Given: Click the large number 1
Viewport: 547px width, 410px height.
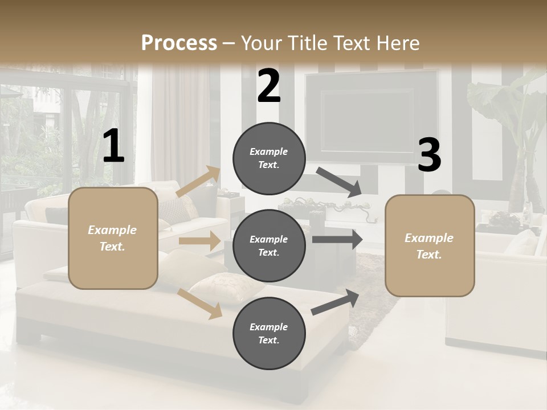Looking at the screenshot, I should pos(113,146).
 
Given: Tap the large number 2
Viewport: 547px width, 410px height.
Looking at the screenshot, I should pos(269,86).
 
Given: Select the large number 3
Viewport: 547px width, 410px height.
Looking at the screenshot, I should pos(429,155).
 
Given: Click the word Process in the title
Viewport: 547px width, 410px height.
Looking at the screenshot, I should pos(179,43).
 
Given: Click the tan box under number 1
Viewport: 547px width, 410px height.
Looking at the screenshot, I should pos(113,238).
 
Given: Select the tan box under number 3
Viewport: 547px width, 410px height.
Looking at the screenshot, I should pos(430,245).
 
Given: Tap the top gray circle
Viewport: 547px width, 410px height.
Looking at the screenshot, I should pos(269,158).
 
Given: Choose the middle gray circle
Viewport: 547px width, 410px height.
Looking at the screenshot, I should pos(269,245).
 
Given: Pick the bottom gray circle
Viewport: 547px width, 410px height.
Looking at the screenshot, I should pos(269,333).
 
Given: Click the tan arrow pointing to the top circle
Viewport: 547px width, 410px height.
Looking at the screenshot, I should pos(198,182).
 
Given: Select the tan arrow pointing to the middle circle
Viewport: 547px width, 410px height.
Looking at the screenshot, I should pos(199,241).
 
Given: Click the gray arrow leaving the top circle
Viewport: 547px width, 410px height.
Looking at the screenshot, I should pos(340,182).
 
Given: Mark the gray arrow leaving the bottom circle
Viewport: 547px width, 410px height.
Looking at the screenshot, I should pos(336,302).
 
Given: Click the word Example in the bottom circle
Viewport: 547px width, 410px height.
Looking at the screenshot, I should pos(268,327).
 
